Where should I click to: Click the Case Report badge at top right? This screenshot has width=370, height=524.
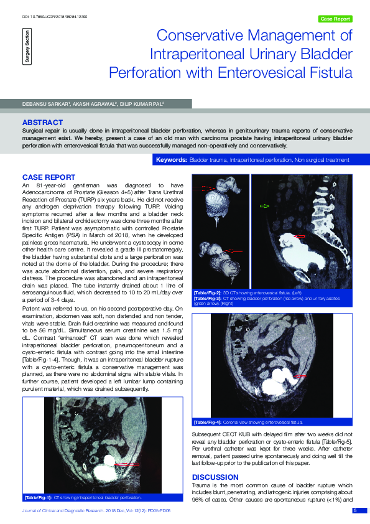[335, 19]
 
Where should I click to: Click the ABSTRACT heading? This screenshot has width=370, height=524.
[42, 122]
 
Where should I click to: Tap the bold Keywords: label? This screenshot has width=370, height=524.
[172, 160]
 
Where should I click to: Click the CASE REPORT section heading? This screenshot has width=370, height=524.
[49, 177]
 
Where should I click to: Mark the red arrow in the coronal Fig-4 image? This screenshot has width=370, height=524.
[299, 377]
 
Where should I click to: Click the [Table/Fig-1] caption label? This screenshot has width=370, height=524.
[37, 498]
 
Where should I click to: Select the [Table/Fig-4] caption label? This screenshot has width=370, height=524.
[208, 422]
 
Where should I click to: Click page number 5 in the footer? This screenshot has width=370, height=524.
[355, 510]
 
